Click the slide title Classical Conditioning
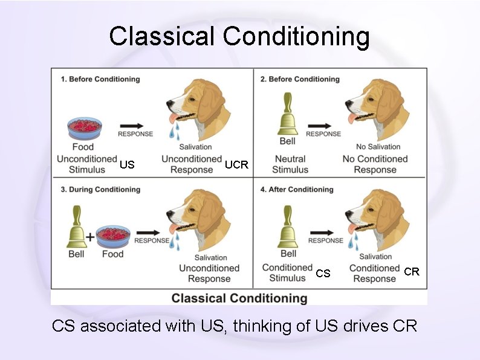pyautogui.click(x=239, y=36)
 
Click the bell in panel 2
pyautogui.click(x=287, y=114)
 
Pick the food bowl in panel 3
pyautogui.click(x=113, y=237)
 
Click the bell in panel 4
pyautogui.click(x=288, y=227)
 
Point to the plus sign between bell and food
pyautogui.click(x=90, y=237)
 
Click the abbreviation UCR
pyautogui.click(x=236, y=165)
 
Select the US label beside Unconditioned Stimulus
pyautogui.click(x=127, y=165)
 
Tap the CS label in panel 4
pyautogui.click(x=323, y=274)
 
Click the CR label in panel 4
pyautogui.click(x=412, y=272)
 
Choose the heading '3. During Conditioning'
pyautogui.click(x=100, y=190)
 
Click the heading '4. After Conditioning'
pyautogui.click(x=297, y=190)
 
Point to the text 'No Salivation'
pyautogui.click(x=378, y=147)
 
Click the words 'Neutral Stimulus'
pyautogui.click(x=290, y=164)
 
